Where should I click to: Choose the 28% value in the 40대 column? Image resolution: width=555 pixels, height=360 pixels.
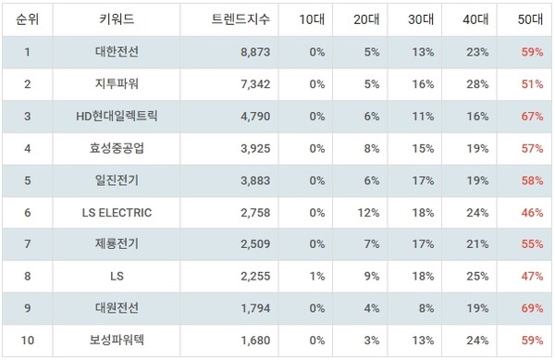coord(477,85)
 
